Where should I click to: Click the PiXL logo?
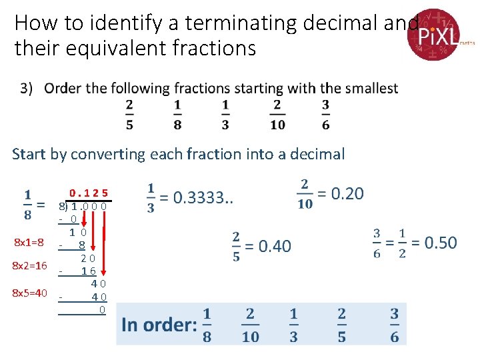[434, 34]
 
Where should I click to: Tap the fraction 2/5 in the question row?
[129, 115]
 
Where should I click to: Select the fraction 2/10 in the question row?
[277, 115]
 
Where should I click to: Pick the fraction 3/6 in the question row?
[325, 115]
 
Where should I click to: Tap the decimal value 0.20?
[347, 194]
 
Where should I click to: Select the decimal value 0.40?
[274, 246]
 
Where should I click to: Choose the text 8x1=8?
[29, 242]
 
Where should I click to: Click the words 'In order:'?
[159, 325]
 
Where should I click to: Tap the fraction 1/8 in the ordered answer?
[207, 325]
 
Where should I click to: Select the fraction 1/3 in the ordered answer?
[294, 325]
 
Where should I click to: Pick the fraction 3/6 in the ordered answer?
[395, 325]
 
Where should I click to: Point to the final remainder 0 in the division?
[102, 310]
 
